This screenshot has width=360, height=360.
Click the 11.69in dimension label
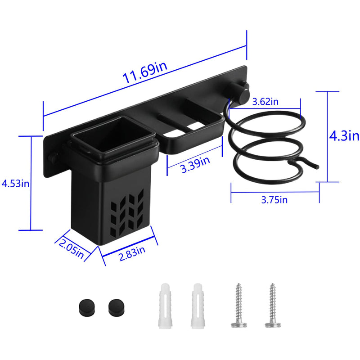(145, 72)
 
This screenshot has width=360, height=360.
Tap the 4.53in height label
(15, 184)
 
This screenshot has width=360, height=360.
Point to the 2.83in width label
(132, 253)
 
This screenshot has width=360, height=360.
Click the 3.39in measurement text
(195, 164)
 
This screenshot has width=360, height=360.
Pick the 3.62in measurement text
(265, 102)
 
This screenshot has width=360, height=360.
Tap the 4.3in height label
(344, 136)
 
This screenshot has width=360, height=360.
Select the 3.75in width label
(274, 200)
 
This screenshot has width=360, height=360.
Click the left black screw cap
(87, 308)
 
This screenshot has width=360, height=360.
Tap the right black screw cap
(116, 308)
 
